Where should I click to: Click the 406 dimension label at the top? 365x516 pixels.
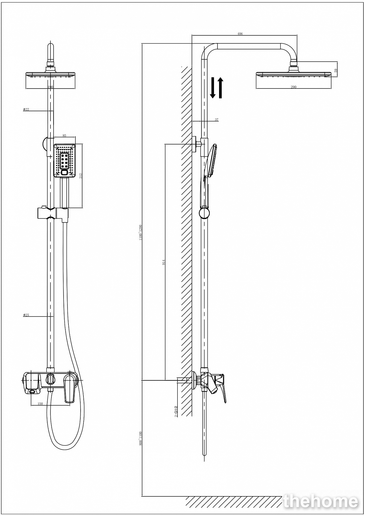pos(240,34)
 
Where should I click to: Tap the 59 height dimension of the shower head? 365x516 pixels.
pos(336,70)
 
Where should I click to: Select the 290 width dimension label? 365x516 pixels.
pos(293,87)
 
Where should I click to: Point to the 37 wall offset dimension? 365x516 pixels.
pos(216,120)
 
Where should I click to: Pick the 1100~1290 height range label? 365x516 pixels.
pos(141,232)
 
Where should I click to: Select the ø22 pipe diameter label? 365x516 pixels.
pos(26,109)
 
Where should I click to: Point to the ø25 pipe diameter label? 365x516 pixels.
pos(26,315)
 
